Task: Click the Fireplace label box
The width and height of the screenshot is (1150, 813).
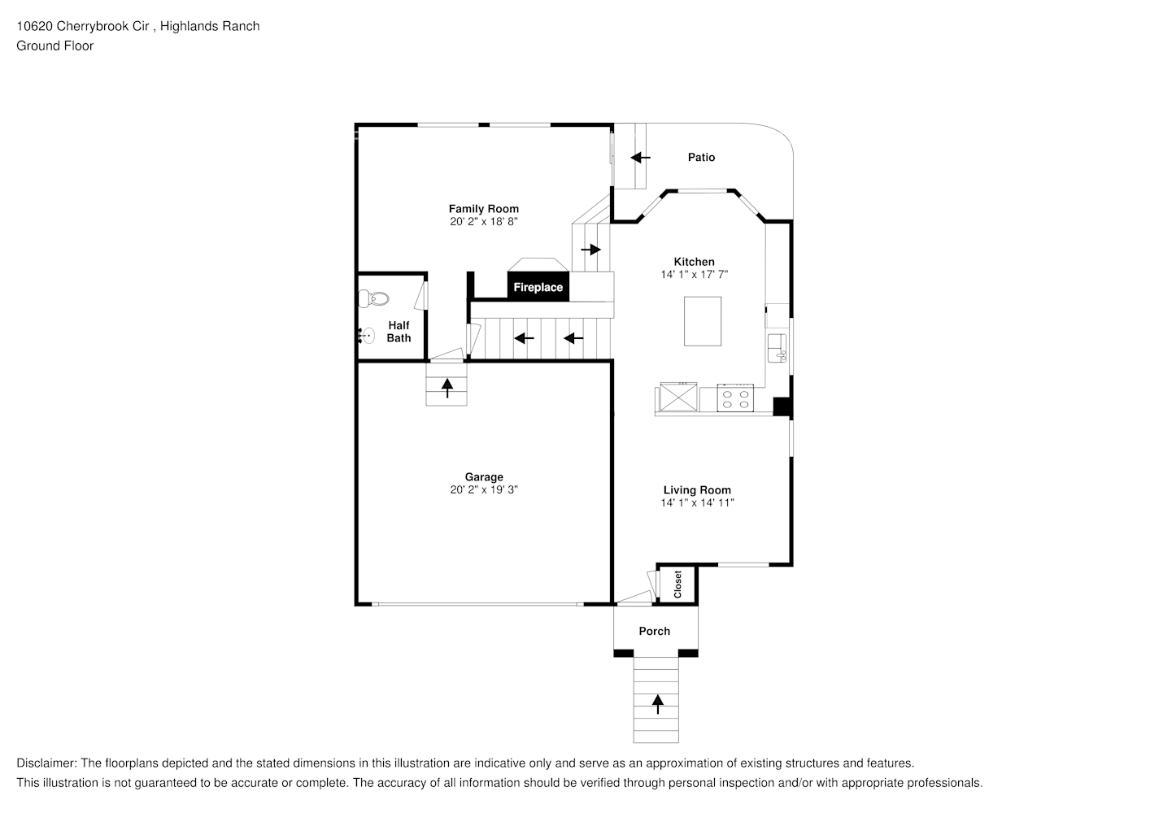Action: [x=538, y=287]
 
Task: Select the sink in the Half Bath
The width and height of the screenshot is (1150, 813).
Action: [x=367, y=334]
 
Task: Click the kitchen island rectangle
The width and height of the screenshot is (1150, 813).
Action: [x=703, y=321]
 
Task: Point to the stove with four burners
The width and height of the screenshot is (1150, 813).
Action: [x=736, y=399]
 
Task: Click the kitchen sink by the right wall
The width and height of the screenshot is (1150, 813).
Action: [x=778, y=348]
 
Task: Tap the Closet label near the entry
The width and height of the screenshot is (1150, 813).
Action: [x=677, y=584]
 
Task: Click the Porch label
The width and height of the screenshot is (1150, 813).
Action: [x=655, y=631]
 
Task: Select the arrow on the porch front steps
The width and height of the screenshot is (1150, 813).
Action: [x=657, y=703]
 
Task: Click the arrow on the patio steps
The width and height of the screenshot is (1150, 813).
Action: [x=640, y=157]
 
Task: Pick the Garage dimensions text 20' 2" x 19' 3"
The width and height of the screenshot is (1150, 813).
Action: [x=484, y=489]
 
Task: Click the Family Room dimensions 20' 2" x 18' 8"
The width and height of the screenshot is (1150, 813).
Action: [x=484, y=221]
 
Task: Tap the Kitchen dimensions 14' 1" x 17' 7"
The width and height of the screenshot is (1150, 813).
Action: [x=694, y=275]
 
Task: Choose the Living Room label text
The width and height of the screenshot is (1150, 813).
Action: [x=697, y=489]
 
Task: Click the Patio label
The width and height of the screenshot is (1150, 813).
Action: [x=701, y=157]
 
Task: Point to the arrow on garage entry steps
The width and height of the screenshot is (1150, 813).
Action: [x=446, y=387]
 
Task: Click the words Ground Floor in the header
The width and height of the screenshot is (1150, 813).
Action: [x=55, y=46]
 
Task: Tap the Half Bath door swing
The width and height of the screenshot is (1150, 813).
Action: [x=420, y=294]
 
